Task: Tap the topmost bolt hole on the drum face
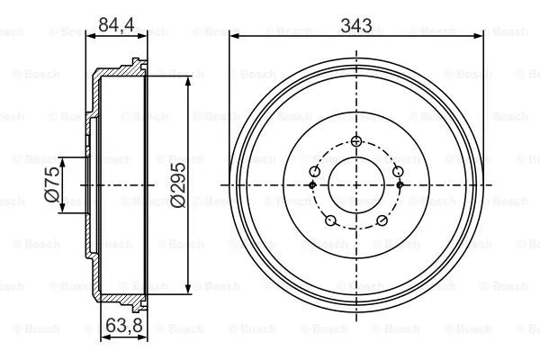356,140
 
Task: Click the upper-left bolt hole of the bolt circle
315,171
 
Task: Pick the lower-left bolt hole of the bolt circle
330,220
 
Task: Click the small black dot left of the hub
312,184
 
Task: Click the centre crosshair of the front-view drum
356,184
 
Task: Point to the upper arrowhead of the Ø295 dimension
187,82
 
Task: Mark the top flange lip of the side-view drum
136,64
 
